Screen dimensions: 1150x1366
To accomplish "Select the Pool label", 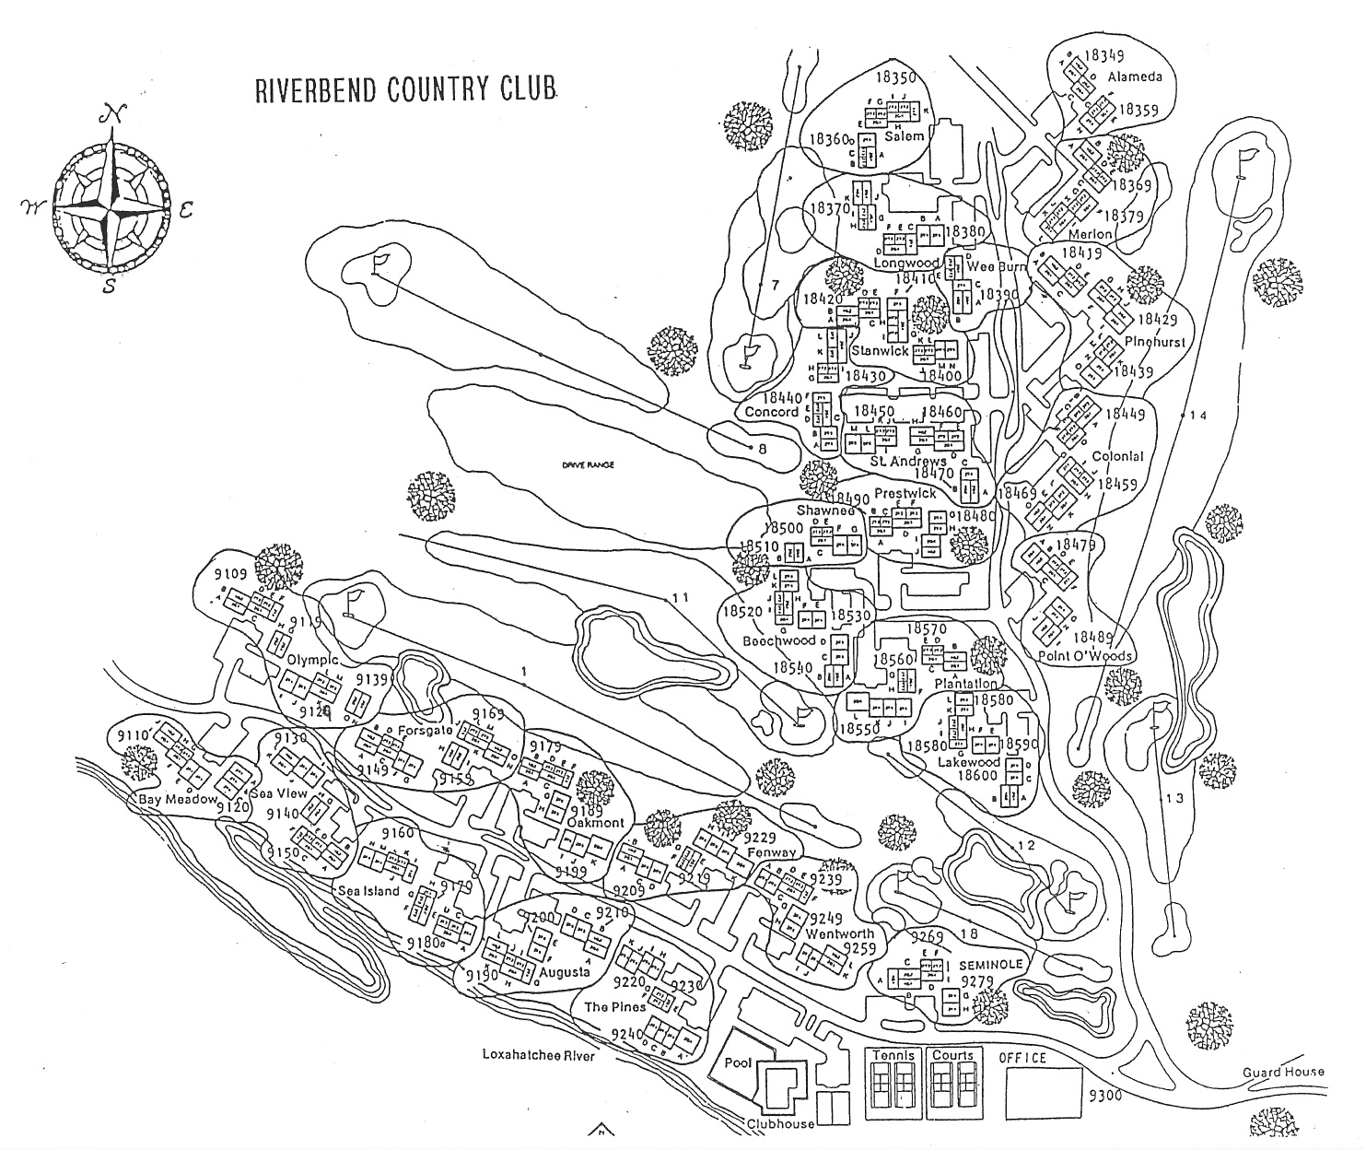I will (738, 1062).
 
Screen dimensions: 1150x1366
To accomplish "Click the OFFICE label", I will (1022, 1058).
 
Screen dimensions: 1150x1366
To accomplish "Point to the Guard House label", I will (1283, 1071).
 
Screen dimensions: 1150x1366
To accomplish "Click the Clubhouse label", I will (781, 1124).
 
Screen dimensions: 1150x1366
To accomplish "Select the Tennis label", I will (895, 1055).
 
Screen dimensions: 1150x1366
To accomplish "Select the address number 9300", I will (1104, 1095).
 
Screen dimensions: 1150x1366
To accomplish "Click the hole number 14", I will (1197, 416).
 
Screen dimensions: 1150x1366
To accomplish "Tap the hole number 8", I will (762, 449).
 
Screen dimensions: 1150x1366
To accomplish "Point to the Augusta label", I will (566, 973).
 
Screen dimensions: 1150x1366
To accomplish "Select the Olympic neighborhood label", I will (313, 661).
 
